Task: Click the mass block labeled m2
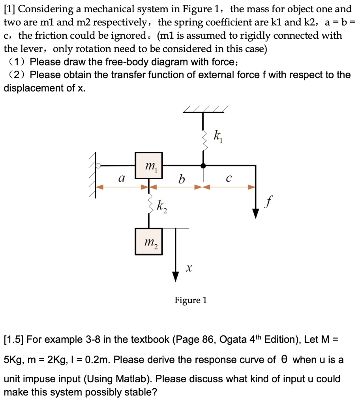coord(149,241)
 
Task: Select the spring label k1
coord(217,138)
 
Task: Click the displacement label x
coord(189,269)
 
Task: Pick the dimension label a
coord(122,179)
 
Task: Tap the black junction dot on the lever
coord(203,166)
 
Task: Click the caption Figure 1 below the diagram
coord(191,300)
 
